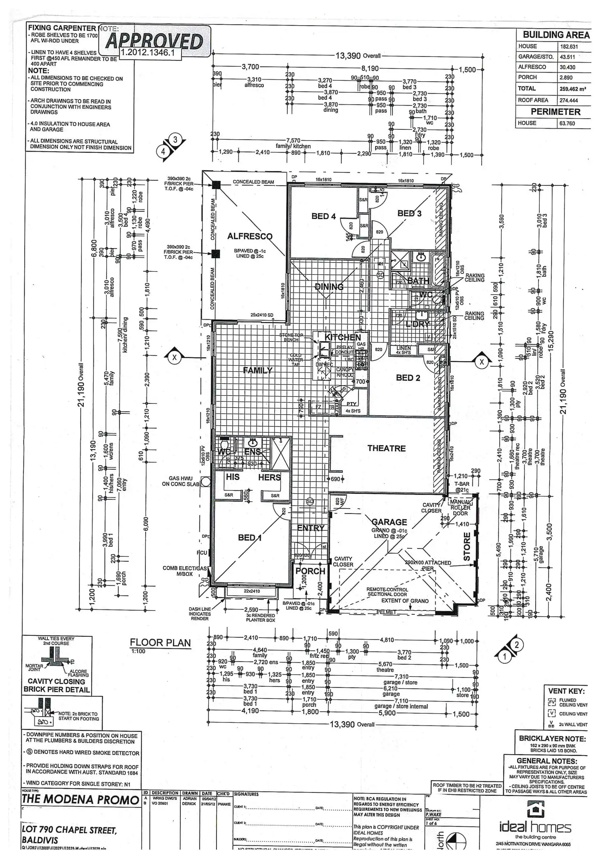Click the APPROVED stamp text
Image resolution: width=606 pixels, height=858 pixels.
(154, 41)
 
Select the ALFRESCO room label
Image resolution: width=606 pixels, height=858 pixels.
(249, 236)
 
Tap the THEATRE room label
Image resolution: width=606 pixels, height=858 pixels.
(386, 448)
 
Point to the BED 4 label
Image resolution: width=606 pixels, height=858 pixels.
(324, 216)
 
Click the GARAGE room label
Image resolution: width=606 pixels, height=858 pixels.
(389, 522)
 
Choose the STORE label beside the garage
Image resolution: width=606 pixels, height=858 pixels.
(467, 546)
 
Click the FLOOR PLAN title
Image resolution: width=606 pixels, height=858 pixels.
(160, 642)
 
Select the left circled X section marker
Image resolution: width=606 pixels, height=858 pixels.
(175, 357)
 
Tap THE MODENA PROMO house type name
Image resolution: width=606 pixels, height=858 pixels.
(81, 800)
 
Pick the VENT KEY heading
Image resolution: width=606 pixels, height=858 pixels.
(566, 691)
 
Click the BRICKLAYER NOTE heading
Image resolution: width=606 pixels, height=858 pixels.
(552, 739)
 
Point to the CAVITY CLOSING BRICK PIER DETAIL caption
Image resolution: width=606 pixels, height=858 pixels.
(56, 685)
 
